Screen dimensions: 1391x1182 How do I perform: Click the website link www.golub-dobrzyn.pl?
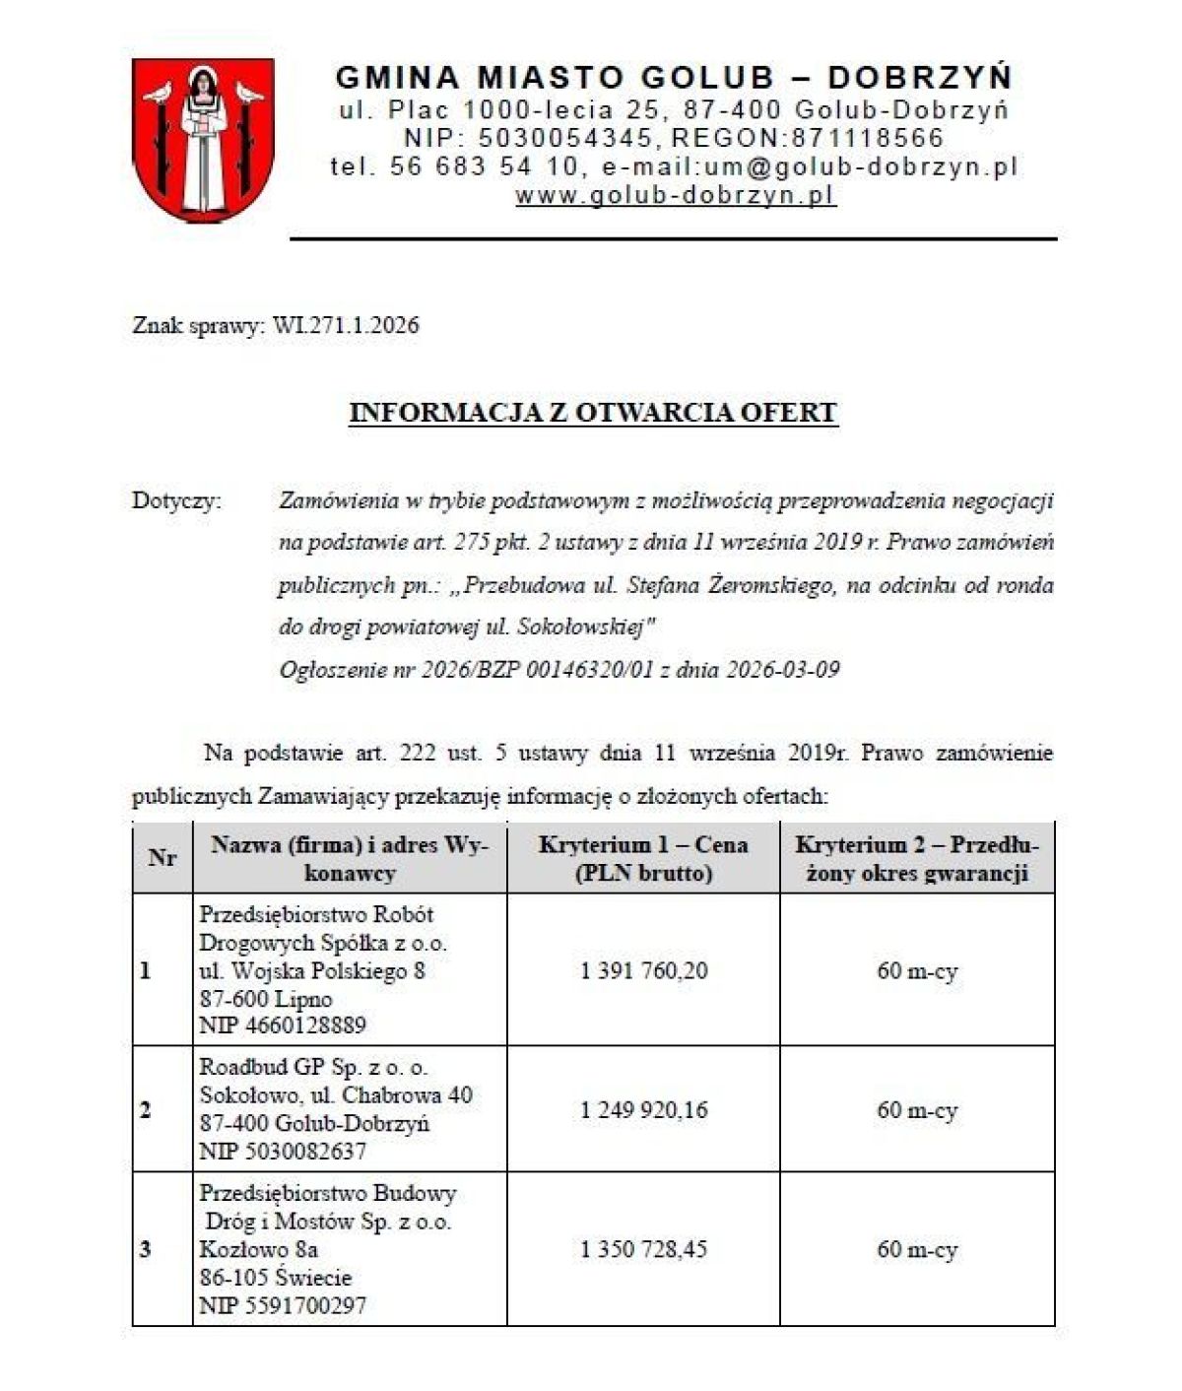point(675,195)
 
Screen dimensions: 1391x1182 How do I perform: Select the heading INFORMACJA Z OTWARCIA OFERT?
point(593,412)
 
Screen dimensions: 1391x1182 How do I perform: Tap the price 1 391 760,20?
point(644,971)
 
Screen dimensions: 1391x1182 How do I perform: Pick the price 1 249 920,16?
point(644,1110)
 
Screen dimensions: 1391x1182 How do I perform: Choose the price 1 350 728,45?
point(644,1249)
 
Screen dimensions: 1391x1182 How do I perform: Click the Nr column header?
point(163,858)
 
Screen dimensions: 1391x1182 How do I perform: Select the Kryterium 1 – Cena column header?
point(643,858)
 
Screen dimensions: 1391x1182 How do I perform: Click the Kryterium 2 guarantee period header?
point(917,858)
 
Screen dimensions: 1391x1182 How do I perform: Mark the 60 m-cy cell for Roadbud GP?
point(917,1110)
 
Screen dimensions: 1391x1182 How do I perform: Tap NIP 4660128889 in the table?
point(283,1026)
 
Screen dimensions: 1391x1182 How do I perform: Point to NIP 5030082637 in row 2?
point(283,1151)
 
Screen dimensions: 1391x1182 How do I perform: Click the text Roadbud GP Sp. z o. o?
point(313,1067)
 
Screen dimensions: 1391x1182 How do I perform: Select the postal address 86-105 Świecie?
point(275,1278)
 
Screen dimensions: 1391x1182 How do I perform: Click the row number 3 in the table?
point(146,1250)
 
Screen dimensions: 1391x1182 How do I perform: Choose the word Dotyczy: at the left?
point(177,500)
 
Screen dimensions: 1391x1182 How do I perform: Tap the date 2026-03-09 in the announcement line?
point(783,670)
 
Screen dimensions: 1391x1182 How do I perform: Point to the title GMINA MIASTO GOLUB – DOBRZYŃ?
point(674,77)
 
